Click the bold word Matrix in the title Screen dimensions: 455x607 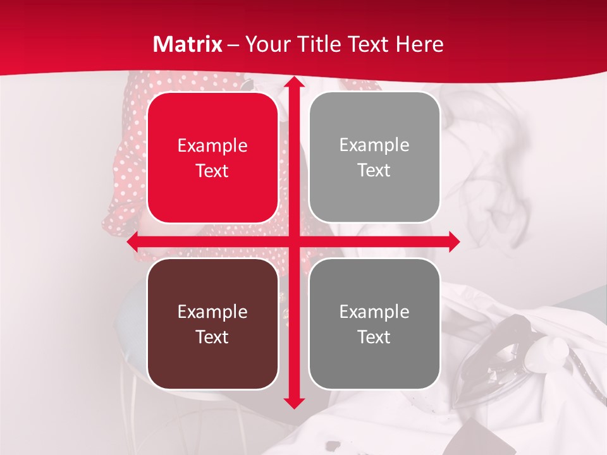click(188, 44)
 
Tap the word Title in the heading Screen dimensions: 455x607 click(317, 44)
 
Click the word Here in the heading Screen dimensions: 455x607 click(419, 44)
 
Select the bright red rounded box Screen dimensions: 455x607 click(212, 157)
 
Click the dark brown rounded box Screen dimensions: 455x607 click(212, 324)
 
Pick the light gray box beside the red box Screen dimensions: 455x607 click(374, 157)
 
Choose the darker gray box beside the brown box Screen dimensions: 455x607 click(374, 324)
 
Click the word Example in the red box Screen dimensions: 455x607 click(212, 146)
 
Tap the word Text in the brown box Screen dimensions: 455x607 click(212, 337)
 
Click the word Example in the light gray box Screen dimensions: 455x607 click(374, 145)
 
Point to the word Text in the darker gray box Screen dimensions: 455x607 click(374, 337)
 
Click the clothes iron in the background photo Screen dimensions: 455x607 click(500, 354)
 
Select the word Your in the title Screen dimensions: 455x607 click(266, 44)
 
